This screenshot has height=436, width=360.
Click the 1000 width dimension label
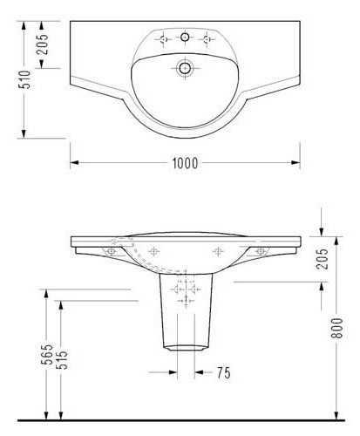click(185, 162)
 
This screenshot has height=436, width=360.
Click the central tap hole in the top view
click(184, 37)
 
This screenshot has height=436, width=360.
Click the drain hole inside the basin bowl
click(184, 67)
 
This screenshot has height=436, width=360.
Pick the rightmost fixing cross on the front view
click(259, 251)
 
